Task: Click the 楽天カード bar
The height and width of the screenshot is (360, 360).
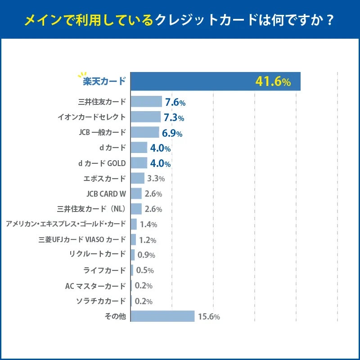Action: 215,81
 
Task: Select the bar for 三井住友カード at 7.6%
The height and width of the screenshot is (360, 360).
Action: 146,102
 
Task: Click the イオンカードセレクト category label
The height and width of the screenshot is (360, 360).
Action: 92,117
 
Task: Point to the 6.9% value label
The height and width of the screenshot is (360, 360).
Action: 172,133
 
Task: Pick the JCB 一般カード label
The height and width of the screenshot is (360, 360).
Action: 102,132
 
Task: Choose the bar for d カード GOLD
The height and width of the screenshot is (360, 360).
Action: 139,163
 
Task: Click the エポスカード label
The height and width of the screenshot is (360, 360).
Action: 105,178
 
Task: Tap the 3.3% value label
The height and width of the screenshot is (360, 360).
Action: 156,179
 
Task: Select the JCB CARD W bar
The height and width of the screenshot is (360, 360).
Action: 136,193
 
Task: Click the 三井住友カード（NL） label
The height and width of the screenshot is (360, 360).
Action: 92,209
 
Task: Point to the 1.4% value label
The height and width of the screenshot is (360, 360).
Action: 148,224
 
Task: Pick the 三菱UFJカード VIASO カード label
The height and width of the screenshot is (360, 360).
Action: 82,240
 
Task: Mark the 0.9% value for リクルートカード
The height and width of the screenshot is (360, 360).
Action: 146,255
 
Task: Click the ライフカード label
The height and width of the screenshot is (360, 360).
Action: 105,270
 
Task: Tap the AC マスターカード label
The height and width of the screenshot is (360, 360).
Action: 95,286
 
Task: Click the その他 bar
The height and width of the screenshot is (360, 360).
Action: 162,316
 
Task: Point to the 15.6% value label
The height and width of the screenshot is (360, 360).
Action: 209,317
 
